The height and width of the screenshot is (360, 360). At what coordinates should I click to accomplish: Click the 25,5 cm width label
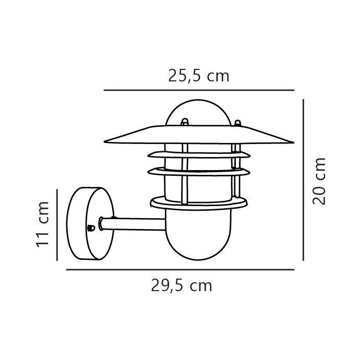click(199, 76)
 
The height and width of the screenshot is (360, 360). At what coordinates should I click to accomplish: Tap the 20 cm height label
click(319, 181)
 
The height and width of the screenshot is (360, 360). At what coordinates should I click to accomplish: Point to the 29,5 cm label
click(182, 286)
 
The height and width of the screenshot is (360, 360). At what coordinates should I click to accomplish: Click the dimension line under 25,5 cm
click(199, 90)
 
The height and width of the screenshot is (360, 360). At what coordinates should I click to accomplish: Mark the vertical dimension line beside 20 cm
click(303, 180)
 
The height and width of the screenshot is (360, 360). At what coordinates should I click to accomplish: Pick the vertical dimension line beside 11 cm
click(56, 224)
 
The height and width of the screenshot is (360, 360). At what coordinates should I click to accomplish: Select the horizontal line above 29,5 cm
click(180, 270)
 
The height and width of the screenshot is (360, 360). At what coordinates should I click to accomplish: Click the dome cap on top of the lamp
click(198, 112)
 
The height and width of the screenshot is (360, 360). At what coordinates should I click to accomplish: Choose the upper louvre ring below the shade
click(199, 155)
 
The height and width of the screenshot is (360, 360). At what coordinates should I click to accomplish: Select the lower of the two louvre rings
click(199, 171)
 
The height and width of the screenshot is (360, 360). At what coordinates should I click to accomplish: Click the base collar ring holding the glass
click(199, 202)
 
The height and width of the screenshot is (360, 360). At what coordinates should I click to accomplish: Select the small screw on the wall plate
click(90, 227)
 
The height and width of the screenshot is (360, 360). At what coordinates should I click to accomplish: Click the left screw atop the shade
click(184, 123)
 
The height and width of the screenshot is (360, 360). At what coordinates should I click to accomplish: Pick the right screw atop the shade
click(237, 124)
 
